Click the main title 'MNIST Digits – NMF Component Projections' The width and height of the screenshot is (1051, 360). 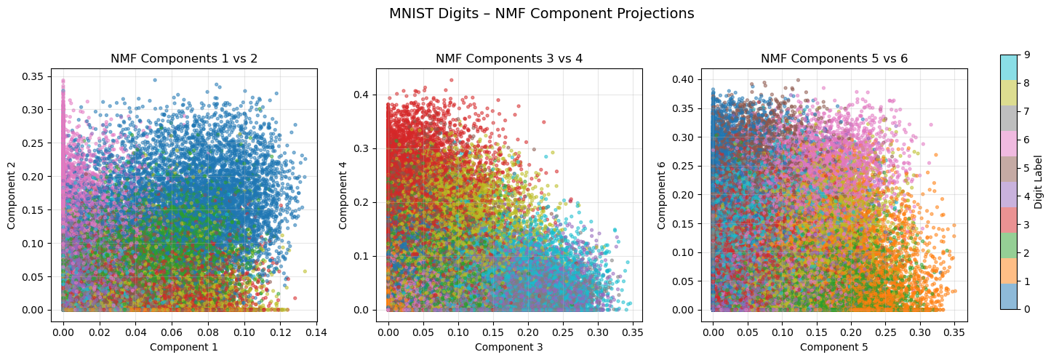[541, 13]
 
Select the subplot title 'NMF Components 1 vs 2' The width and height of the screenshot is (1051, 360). [183, 58]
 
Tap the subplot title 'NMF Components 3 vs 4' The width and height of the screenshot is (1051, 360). [508, 58]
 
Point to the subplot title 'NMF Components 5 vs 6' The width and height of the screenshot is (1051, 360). [834, 58]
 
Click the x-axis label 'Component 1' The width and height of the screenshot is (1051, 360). [183, 347]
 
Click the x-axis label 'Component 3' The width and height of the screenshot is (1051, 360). [508, 347]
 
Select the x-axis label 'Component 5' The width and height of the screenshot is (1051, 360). [834, 347]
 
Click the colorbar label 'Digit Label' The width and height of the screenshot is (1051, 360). [1038, 182]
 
